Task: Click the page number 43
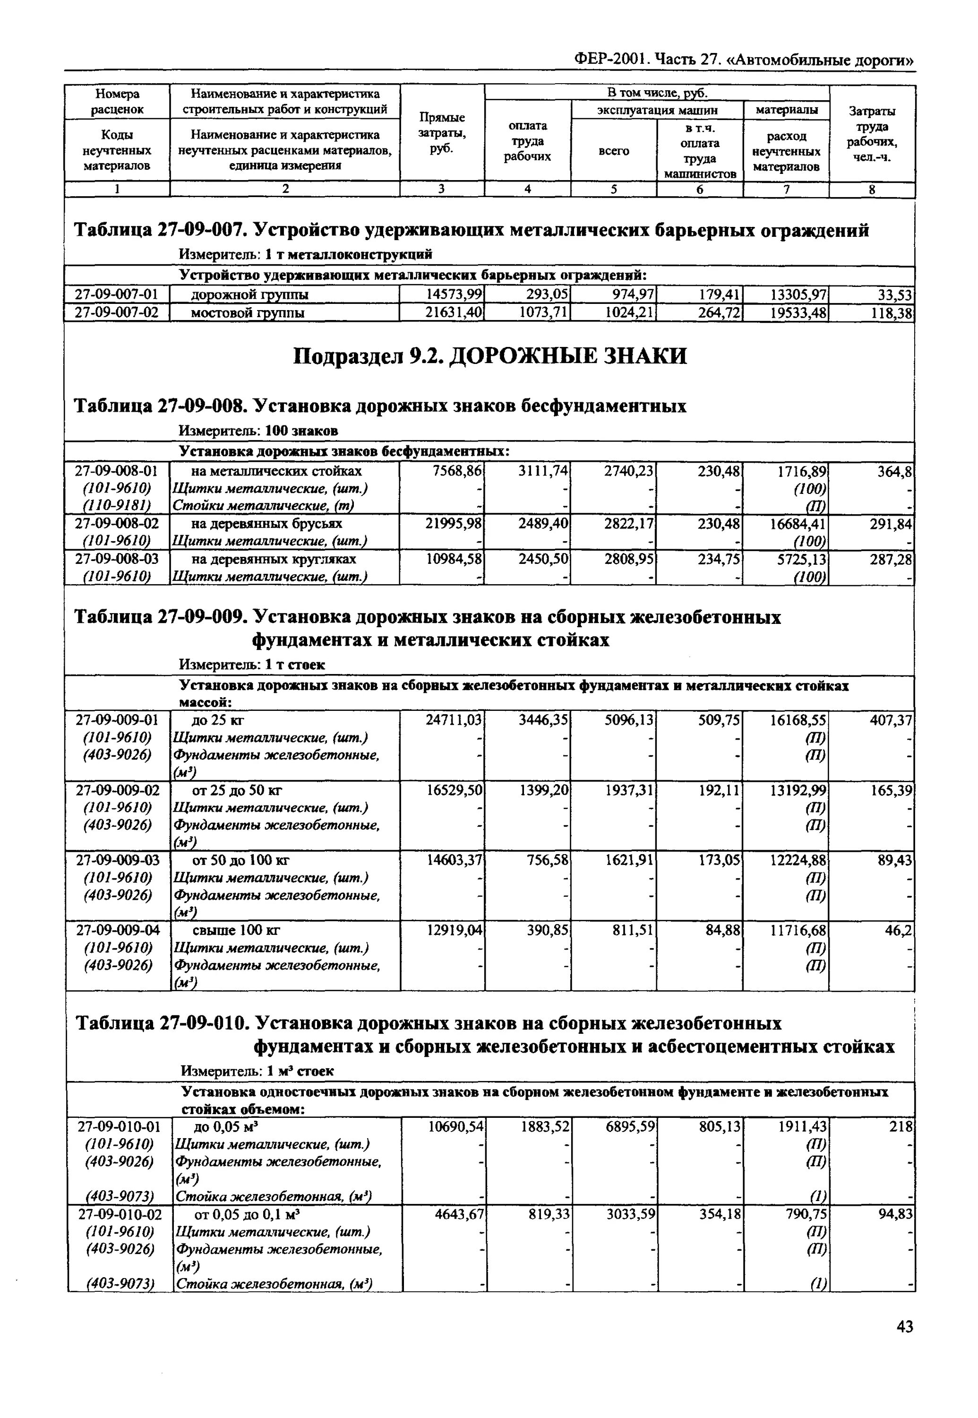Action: (x=904, y=1326)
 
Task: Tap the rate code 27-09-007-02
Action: (x=116, y=312)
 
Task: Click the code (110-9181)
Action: (x=116, y=505)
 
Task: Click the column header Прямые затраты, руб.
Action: (x=442, y=132)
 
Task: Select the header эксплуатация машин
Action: (x=657, y=110)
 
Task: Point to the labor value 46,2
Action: (x=898, y=930)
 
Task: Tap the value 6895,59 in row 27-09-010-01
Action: (x=630, y=1126)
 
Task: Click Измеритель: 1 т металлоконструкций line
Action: (x=305, y=254)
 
